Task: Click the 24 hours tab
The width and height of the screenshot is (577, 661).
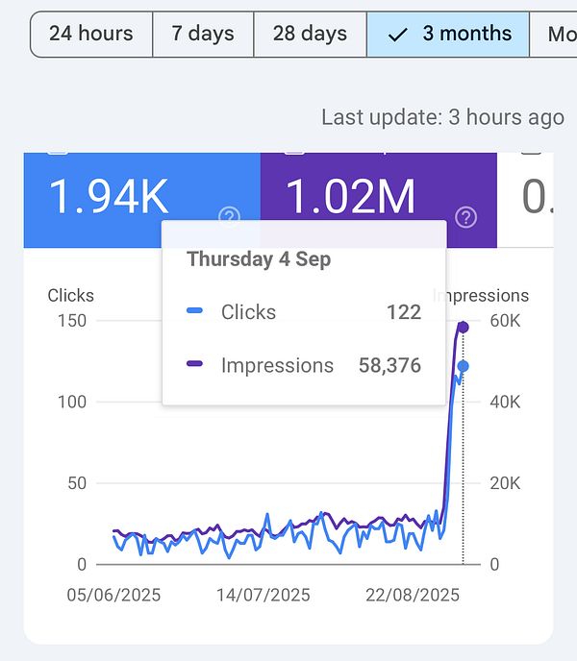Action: (91, 34)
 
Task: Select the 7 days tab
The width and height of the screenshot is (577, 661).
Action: (203, 34)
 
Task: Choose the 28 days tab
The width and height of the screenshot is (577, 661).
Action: (310, 34)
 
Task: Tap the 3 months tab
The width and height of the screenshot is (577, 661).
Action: (448, 34)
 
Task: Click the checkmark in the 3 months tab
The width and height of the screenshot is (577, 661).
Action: (397, 35)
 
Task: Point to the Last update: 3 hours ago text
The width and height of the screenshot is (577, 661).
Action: (442, 117)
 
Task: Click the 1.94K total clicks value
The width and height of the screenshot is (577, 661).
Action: (108, 198)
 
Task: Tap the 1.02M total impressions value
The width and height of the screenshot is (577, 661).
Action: (351, 198)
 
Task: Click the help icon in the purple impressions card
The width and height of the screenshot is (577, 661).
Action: (466, 217)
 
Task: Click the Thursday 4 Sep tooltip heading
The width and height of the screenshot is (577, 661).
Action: (258, 259)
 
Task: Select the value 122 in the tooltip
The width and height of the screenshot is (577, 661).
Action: (404, 312)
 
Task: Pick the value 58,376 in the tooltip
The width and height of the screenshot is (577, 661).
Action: (389, 365)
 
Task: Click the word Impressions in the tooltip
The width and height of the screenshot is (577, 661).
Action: (277, 365)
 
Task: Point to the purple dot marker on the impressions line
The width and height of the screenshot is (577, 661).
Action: (463, 328)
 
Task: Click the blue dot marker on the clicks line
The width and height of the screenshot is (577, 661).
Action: (463, 366)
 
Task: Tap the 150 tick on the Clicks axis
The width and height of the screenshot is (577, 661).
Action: (72, 321)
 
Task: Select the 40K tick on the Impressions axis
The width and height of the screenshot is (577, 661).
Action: (505, 402)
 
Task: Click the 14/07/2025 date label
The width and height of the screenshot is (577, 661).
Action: (263, 595)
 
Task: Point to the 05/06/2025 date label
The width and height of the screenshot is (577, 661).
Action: (113, 595)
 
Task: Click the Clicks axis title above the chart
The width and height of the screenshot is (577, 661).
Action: (71, 296)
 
